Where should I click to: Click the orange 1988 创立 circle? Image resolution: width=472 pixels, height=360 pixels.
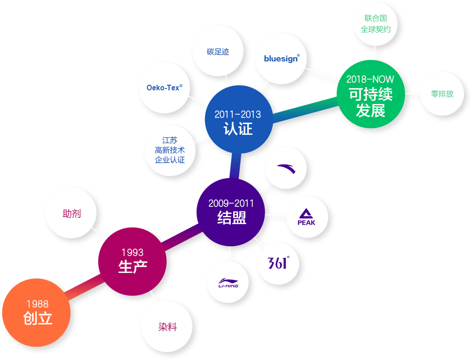pyautogui.click(x=37, y=312)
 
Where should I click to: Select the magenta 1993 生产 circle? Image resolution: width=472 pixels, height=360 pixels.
pyautogui.click(x=133, y=261)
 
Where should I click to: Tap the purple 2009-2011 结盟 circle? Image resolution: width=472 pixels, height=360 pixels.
pyautogui.click(x=231, y=212)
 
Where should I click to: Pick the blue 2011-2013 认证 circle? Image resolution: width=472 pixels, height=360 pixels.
pyautogui.click(x=239, y=119)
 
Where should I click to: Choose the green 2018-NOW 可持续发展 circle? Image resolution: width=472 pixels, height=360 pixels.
pyautogui.click(x=371, y=94)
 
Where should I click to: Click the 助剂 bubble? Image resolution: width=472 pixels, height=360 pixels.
pyautogui.click(x=71, y=213)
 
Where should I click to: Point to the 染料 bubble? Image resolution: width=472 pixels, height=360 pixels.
pyautogui.click(x=167, y=327)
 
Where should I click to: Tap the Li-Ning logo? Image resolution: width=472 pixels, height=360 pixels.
pyautogui.click(x=228, y=283)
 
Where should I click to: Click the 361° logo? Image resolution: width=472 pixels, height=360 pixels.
pyautogui.click(x=279, y=263)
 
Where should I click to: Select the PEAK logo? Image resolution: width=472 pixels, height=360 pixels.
pyautogui.click(x=306, y=217)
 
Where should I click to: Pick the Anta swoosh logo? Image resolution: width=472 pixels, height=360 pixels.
pyautogui.click(x=286, y=169)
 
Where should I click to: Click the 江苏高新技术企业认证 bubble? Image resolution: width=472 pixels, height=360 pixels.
pyautogui.click(x=170, y=150)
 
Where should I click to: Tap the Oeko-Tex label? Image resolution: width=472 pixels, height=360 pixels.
pyautogui.click(x=164, y=88)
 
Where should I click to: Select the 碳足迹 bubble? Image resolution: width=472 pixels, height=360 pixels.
pyautogui.click(x=218, y=51)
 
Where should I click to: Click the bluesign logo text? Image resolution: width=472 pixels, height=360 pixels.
pyautogui.click(x=282, y=59)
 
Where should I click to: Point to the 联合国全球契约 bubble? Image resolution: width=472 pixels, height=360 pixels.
pyautogui.click(x=376, y=24)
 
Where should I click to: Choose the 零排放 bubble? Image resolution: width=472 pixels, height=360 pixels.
pyautogui.click(x=442, y=94)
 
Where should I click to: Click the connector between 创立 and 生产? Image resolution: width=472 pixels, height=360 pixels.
pyautogui.click(x=84, y=287)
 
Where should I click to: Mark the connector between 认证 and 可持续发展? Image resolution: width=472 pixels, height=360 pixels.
pyautogui.click(x=305, y=110)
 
